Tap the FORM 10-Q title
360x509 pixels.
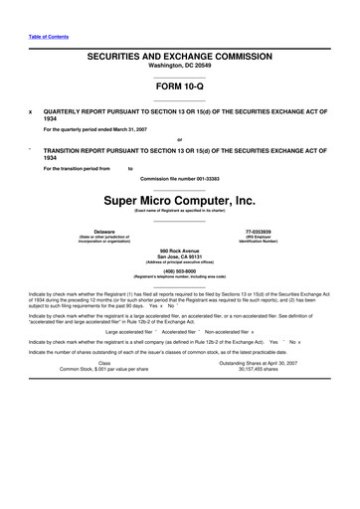pos(179,87)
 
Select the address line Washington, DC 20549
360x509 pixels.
pos(179,70)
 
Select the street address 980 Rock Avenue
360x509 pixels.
pos(179,251)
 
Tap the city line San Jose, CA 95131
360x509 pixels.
pos(179,256)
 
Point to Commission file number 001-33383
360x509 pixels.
pos(179,178)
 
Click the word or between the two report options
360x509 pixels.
pos(179,139)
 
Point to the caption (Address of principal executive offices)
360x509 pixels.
pos(179,262)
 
